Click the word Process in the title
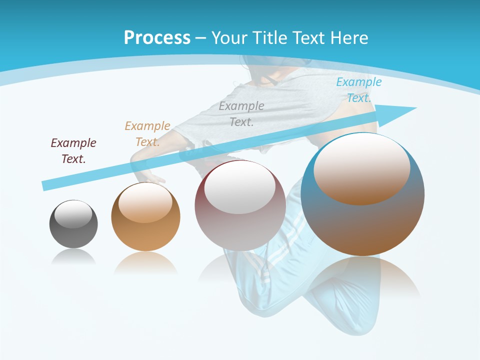click(157, 38)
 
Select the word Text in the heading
click(309, 38)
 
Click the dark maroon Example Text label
click(73, 151)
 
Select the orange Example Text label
click(147, 134)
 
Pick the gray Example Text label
click(241, 113)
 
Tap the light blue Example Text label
click(358, 90)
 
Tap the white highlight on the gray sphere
click(73, 214)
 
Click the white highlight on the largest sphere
click(361, 167)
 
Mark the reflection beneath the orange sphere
click(145, 262)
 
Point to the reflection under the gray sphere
click(73, 256)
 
